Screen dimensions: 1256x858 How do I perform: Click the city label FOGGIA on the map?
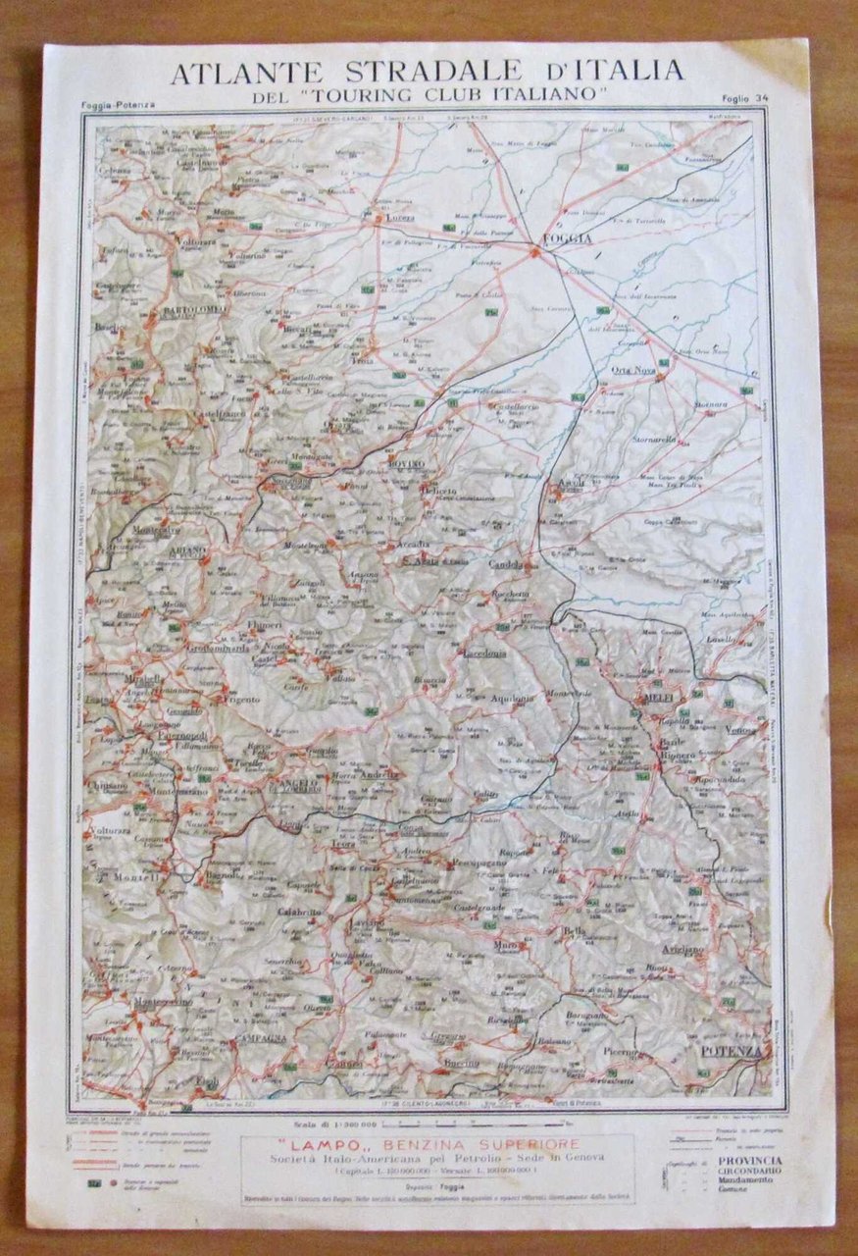point(562,239)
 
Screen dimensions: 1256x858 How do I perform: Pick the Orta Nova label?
point(632,370)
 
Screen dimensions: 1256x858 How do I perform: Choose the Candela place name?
point(510,566)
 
